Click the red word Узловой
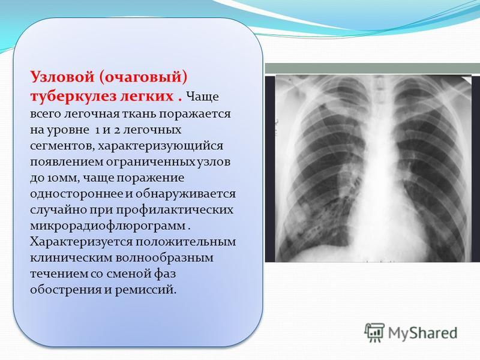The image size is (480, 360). [62, 76]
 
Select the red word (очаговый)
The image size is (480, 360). [143, 77]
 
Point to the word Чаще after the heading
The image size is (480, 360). [203, 97]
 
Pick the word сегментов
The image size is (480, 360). [62, 146]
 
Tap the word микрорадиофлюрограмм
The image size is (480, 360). [108, 226]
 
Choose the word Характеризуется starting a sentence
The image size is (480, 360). [81, 242]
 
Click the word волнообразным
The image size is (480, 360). [164, 258]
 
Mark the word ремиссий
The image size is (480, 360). [145, 290]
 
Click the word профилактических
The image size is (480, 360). [175, 210]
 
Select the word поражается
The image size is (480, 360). [194, 114]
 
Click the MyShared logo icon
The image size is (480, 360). [374, 332]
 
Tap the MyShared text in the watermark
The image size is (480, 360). [423, 332]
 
